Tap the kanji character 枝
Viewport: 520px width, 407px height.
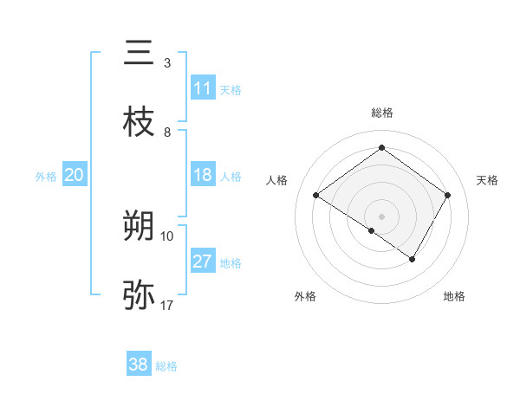(139, 122)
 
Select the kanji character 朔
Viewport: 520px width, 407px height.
(139, 226)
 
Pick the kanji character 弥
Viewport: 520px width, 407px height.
(139, 295)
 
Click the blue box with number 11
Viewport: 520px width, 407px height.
(203, 87)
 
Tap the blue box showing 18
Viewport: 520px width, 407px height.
(203, 175)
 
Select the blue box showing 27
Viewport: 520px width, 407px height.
(203, 262)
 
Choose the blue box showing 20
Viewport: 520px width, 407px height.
(75, 175)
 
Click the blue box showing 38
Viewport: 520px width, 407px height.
(139, 365)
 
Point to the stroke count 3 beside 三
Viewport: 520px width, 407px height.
(167, 63)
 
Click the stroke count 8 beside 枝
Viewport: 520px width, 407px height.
(167, 132)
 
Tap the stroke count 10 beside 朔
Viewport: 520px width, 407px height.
(167, 236)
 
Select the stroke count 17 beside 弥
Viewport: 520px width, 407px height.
(167, 306)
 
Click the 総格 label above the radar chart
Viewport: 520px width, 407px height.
(381, 113)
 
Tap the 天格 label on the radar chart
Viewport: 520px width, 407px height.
(487, 180)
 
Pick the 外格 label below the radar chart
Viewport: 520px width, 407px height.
(305, 296)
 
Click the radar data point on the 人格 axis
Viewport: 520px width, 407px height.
(316, 196)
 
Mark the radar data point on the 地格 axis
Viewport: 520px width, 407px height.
(413, 259)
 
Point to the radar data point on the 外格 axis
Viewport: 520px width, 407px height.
(372, 230)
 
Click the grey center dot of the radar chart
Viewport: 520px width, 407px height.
(381, 216)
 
